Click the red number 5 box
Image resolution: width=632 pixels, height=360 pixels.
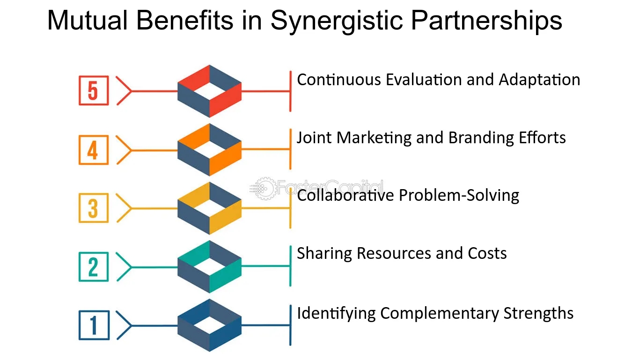coord(93,91)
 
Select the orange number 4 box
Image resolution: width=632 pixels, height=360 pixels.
coord(93,150)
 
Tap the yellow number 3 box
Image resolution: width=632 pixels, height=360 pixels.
coord(93,208)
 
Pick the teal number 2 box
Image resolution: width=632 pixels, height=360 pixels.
coord(93,267)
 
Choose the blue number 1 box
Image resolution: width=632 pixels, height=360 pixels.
coord(93,325)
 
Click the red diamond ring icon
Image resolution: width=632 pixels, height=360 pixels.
coord(209,91)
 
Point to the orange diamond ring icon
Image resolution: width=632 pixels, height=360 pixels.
coord(209,150)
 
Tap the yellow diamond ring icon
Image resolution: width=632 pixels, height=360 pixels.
coord(209,208)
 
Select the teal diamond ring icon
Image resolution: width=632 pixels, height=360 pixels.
coord(209,267)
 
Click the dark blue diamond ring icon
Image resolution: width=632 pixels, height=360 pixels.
coord(209,325)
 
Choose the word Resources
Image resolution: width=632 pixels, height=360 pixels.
coord(394,253)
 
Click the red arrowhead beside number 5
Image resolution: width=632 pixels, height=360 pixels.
coord(124,91)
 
